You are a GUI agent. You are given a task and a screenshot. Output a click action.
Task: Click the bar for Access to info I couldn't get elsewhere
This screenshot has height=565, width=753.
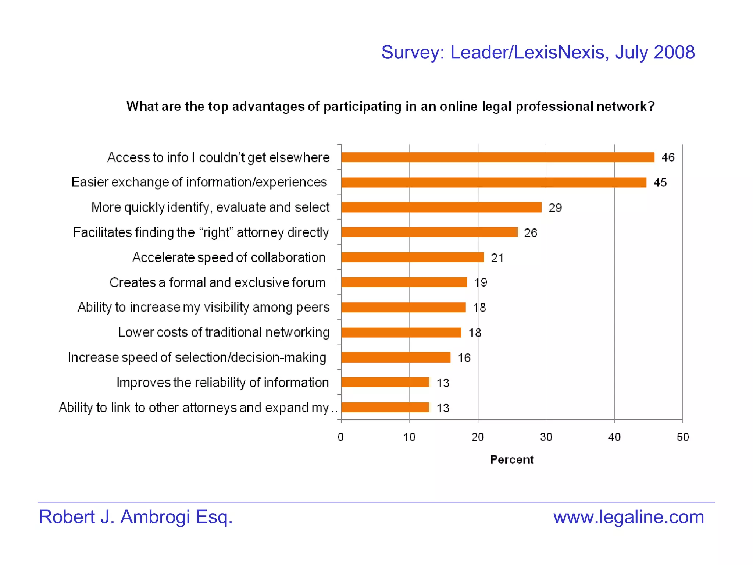pyautogui.click(x=497, y=157)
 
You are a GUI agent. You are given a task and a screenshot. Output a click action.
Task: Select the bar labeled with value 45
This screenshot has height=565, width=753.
pyautogui.click(x=493, y=182)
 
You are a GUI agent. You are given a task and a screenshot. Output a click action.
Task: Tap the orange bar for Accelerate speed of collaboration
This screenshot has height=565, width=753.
pyautogui.click(x=412, y=257)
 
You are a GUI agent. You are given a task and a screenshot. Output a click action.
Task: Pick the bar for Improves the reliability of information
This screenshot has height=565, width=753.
pyautogui.click(x=385, y=383)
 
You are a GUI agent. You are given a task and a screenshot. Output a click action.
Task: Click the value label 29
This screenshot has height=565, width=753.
pyautogui.click(x=555, y=208)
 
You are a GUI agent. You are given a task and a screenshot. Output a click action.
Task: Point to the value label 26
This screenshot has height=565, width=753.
pyautogui.click(x=531, y=233)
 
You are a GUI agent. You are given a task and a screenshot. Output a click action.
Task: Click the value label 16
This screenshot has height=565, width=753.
pyautogui.click(x=464, y=358)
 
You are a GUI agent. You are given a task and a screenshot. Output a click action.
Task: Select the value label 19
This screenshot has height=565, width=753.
pyautogui.click(x=481, y=282)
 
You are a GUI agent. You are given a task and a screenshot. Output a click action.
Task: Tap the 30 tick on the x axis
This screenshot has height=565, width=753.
pyautogui.click(x=546, y=437)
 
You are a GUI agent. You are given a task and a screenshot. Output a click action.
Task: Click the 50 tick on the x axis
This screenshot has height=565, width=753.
pyautogui.click(x=683, y=437)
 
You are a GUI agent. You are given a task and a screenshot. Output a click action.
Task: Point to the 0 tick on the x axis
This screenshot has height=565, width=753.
pyautogui.click(x=341, y=437)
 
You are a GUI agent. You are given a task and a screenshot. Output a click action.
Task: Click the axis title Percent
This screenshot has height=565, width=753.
pyautogui.click(x=512, y=460)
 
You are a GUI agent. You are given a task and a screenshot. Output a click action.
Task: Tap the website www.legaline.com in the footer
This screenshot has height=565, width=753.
pyautogui.click(x=628, y=517)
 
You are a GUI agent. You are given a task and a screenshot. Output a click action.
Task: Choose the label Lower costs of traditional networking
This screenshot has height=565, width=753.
pyautogui.click(x=224, y=333)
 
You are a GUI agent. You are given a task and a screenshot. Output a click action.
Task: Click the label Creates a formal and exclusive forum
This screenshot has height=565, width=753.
pyautogui.click(x=217, y=282)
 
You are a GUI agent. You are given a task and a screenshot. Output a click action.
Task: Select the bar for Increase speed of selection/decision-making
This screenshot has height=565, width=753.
pyautogui.click(x=396, y=358)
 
